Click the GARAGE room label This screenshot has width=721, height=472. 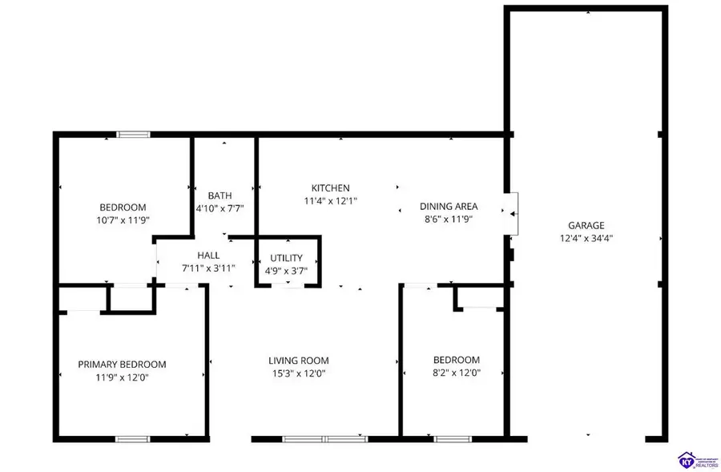pos(586,225)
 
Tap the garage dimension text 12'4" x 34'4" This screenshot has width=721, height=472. pos(586,238)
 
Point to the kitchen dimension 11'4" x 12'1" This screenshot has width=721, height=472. pos(330,200)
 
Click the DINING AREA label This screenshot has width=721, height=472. pos(449,206)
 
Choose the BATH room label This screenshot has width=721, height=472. pos(220,196)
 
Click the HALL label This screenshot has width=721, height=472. pos(208,256)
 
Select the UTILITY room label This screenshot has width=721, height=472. pos(286,258)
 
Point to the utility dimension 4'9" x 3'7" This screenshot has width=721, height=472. pos(286,271)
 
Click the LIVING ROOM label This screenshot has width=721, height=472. pos(299,361)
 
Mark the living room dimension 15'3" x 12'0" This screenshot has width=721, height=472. pos(297,373)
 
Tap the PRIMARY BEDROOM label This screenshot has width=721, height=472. pos(122,364)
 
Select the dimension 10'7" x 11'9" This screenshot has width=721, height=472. pos(123,220)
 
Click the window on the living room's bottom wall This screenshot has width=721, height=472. pos(325,438)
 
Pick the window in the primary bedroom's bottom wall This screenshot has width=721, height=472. pos(132,438)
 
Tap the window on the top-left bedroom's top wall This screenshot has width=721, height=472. pos(134,134)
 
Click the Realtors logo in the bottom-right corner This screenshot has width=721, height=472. pos(694,460)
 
